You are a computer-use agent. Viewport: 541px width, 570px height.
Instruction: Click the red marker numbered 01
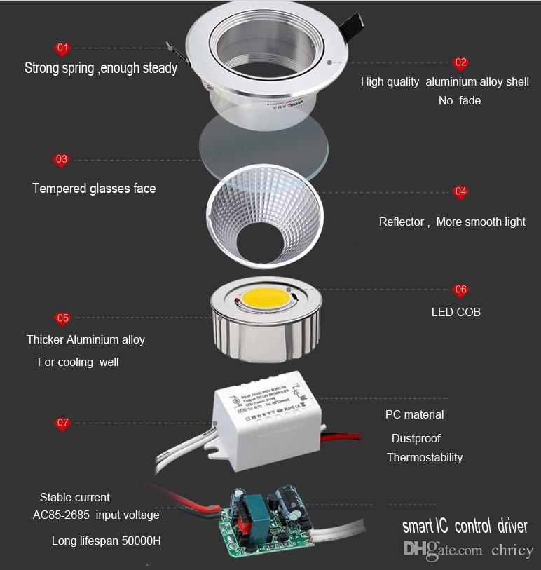click(x=62, y=48)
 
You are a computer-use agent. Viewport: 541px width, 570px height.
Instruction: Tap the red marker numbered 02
click(x=460, y=63)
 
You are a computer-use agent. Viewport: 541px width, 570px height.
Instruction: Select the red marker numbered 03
click(x=62, y=160)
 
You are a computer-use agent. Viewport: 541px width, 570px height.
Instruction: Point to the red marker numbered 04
click(x=460, y=191)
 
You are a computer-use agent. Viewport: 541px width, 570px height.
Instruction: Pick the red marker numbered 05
click(x=63, y=318)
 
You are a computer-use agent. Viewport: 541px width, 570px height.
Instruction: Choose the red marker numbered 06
click(x=460, y=290)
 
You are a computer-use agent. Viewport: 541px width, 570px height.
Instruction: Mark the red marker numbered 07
click(x=63, y=423)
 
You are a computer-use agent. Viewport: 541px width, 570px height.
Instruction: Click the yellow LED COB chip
click(x=266, y=298)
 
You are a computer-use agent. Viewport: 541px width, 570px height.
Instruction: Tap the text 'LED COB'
click(x=456, y=312)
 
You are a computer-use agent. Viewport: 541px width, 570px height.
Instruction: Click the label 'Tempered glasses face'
click(x=94, y=189)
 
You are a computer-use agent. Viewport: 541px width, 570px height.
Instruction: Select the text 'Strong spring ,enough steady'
click(x=101, y=68)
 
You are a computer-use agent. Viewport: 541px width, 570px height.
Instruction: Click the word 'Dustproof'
click(x=416, y=438)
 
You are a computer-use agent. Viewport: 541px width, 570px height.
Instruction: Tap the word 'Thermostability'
click(x=425, y=457)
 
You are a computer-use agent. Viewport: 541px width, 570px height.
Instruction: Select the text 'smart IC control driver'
click(x=465, y=526)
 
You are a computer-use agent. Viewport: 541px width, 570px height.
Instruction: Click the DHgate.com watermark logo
click(x=443, y=550)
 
